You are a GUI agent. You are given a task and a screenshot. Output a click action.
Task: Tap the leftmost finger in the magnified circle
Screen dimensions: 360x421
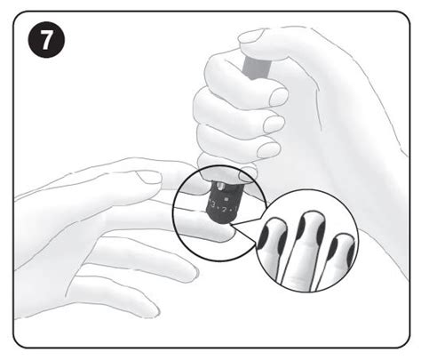pyautogui.click(x=277, y=253)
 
